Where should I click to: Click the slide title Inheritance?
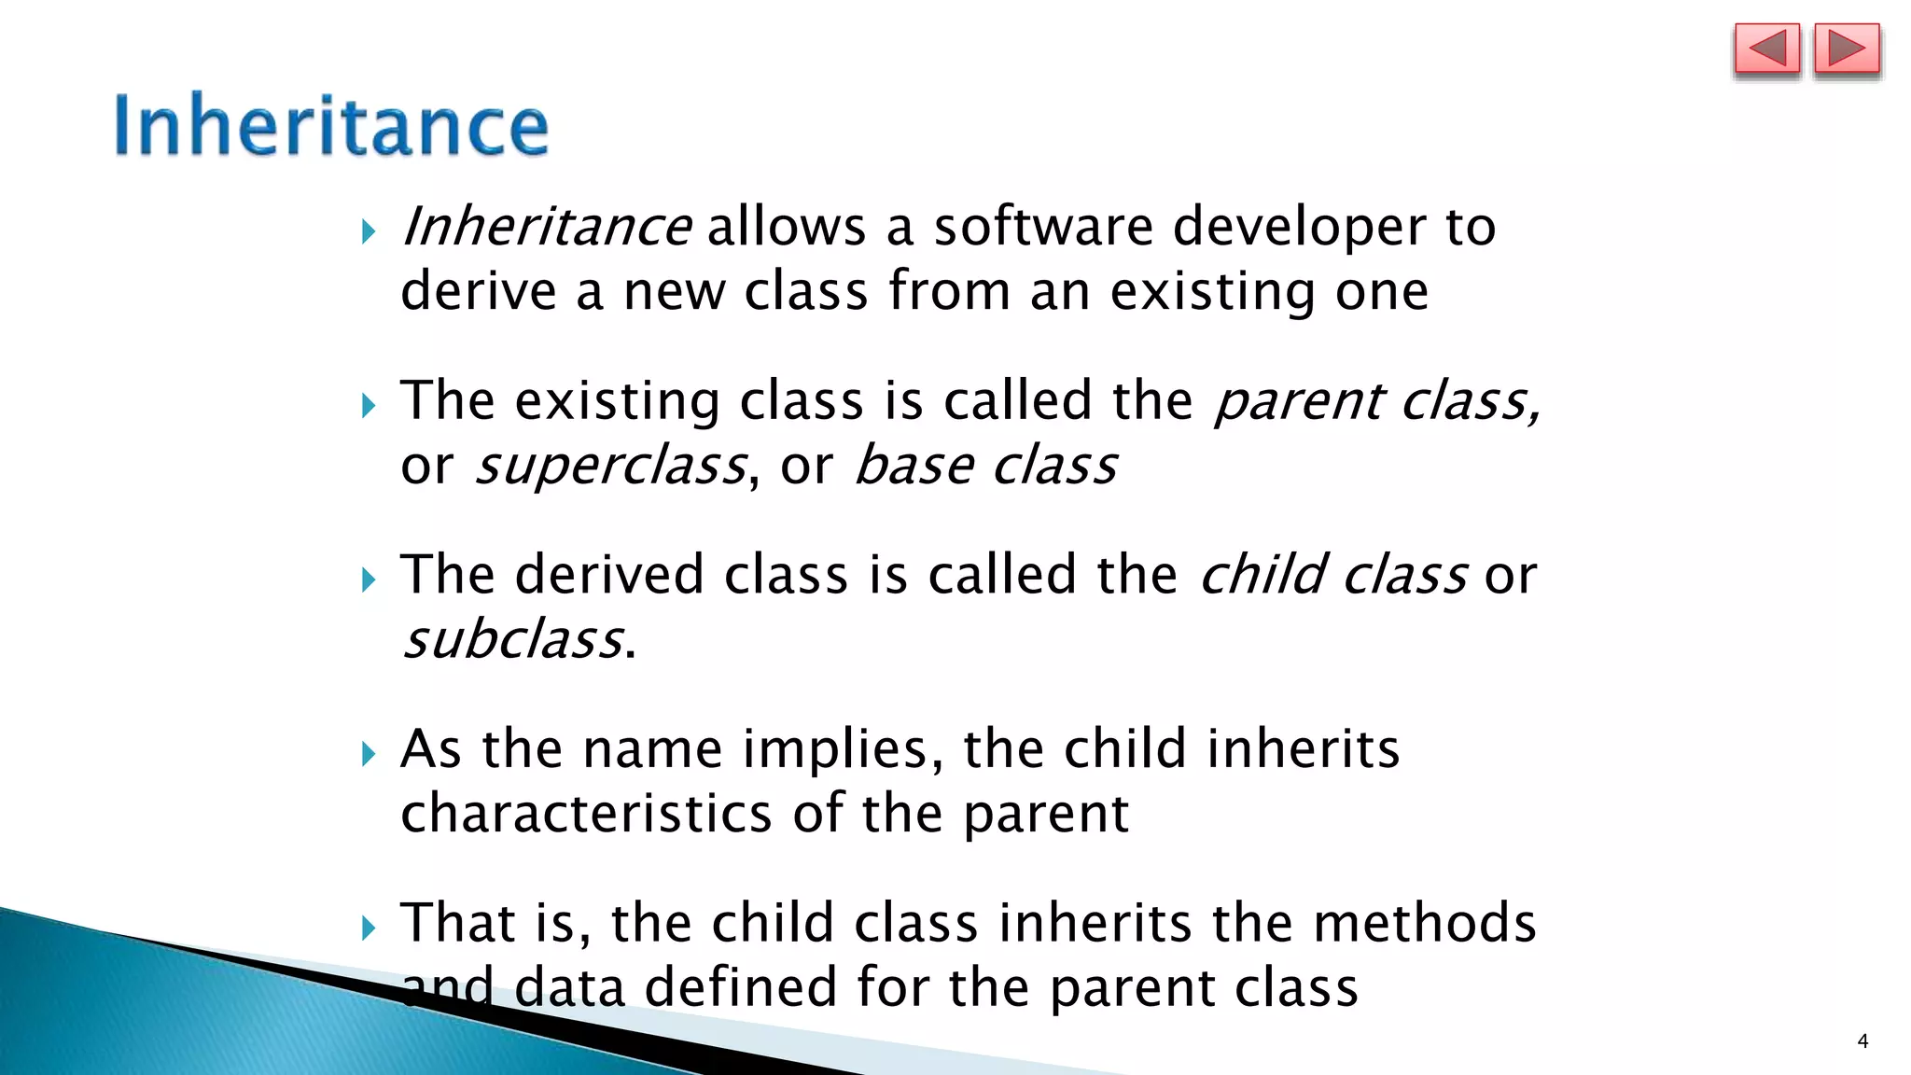point(331,125)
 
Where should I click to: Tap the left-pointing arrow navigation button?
point(1766,49)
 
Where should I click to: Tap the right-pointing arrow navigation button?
point(1847,49)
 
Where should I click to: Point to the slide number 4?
point(1862,1041)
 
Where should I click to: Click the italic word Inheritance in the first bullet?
point(546,227)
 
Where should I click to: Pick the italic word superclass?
point(611,467)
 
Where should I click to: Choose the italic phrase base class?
point(985,465)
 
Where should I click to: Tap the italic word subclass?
point(512,640)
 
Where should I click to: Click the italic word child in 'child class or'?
point(1262,574)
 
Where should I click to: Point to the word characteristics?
point(586,813)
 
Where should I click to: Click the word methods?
point(1424,923)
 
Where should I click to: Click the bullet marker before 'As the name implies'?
point(369,753)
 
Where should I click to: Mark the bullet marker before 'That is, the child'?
point(369,928)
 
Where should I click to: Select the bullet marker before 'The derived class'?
point(369,579)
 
